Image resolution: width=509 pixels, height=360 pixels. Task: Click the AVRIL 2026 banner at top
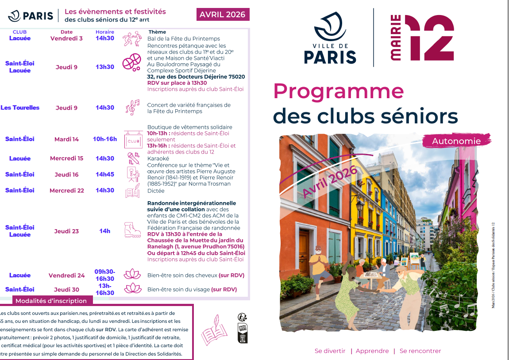tap(223, 15)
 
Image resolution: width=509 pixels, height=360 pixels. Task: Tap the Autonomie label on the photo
tap(456, 141)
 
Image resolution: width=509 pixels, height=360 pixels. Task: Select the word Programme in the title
tap(339, 91)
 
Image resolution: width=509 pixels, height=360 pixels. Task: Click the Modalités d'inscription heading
tap(51, 301)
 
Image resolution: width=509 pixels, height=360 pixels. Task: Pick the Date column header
tap(66, 32)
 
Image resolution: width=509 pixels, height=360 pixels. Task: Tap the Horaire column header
tap(105, 32)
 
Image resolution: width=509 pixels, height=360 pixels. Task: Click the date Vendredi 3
tap(66, 38)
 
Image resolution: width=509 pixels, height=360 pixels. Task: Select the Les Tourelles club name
tap(20, 107)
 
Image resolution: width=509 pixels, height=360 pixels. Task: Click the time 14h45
tap(105, 174)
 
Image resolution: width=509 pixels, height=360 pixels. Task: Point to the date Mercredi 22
tap(66, 190)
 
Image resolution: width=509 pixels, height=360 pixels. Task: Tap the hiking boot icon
tap(132, 230)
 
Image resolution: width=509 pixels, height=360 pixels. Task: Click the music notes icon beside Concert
tap(132, 107)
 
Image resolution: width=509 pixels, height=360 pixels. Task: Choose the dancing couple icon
tap(131, 39)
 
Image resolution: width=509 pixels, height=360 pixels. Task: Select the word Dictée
tap(156, 191)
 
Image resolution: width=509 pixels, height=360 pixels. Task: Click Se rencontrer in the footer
tap(420, 351)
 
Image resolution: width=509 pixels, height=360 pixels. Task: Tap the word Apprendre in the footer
tap(372, 351)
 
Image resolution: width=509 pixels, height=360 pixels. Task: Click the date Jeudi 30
tap(66, 290)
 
